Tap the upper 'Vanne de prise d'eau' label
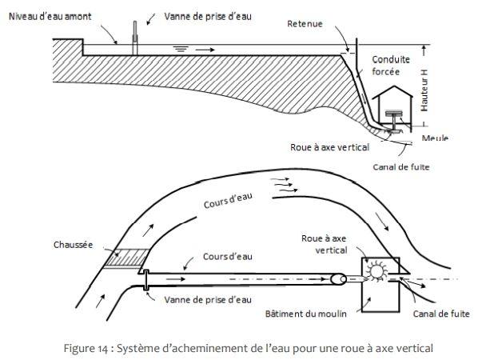(210, 16)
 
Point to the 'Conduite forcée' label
(390, 64)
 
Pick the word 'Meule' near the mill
(435, 138)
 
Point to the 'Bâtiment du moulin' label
(305, 313)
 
